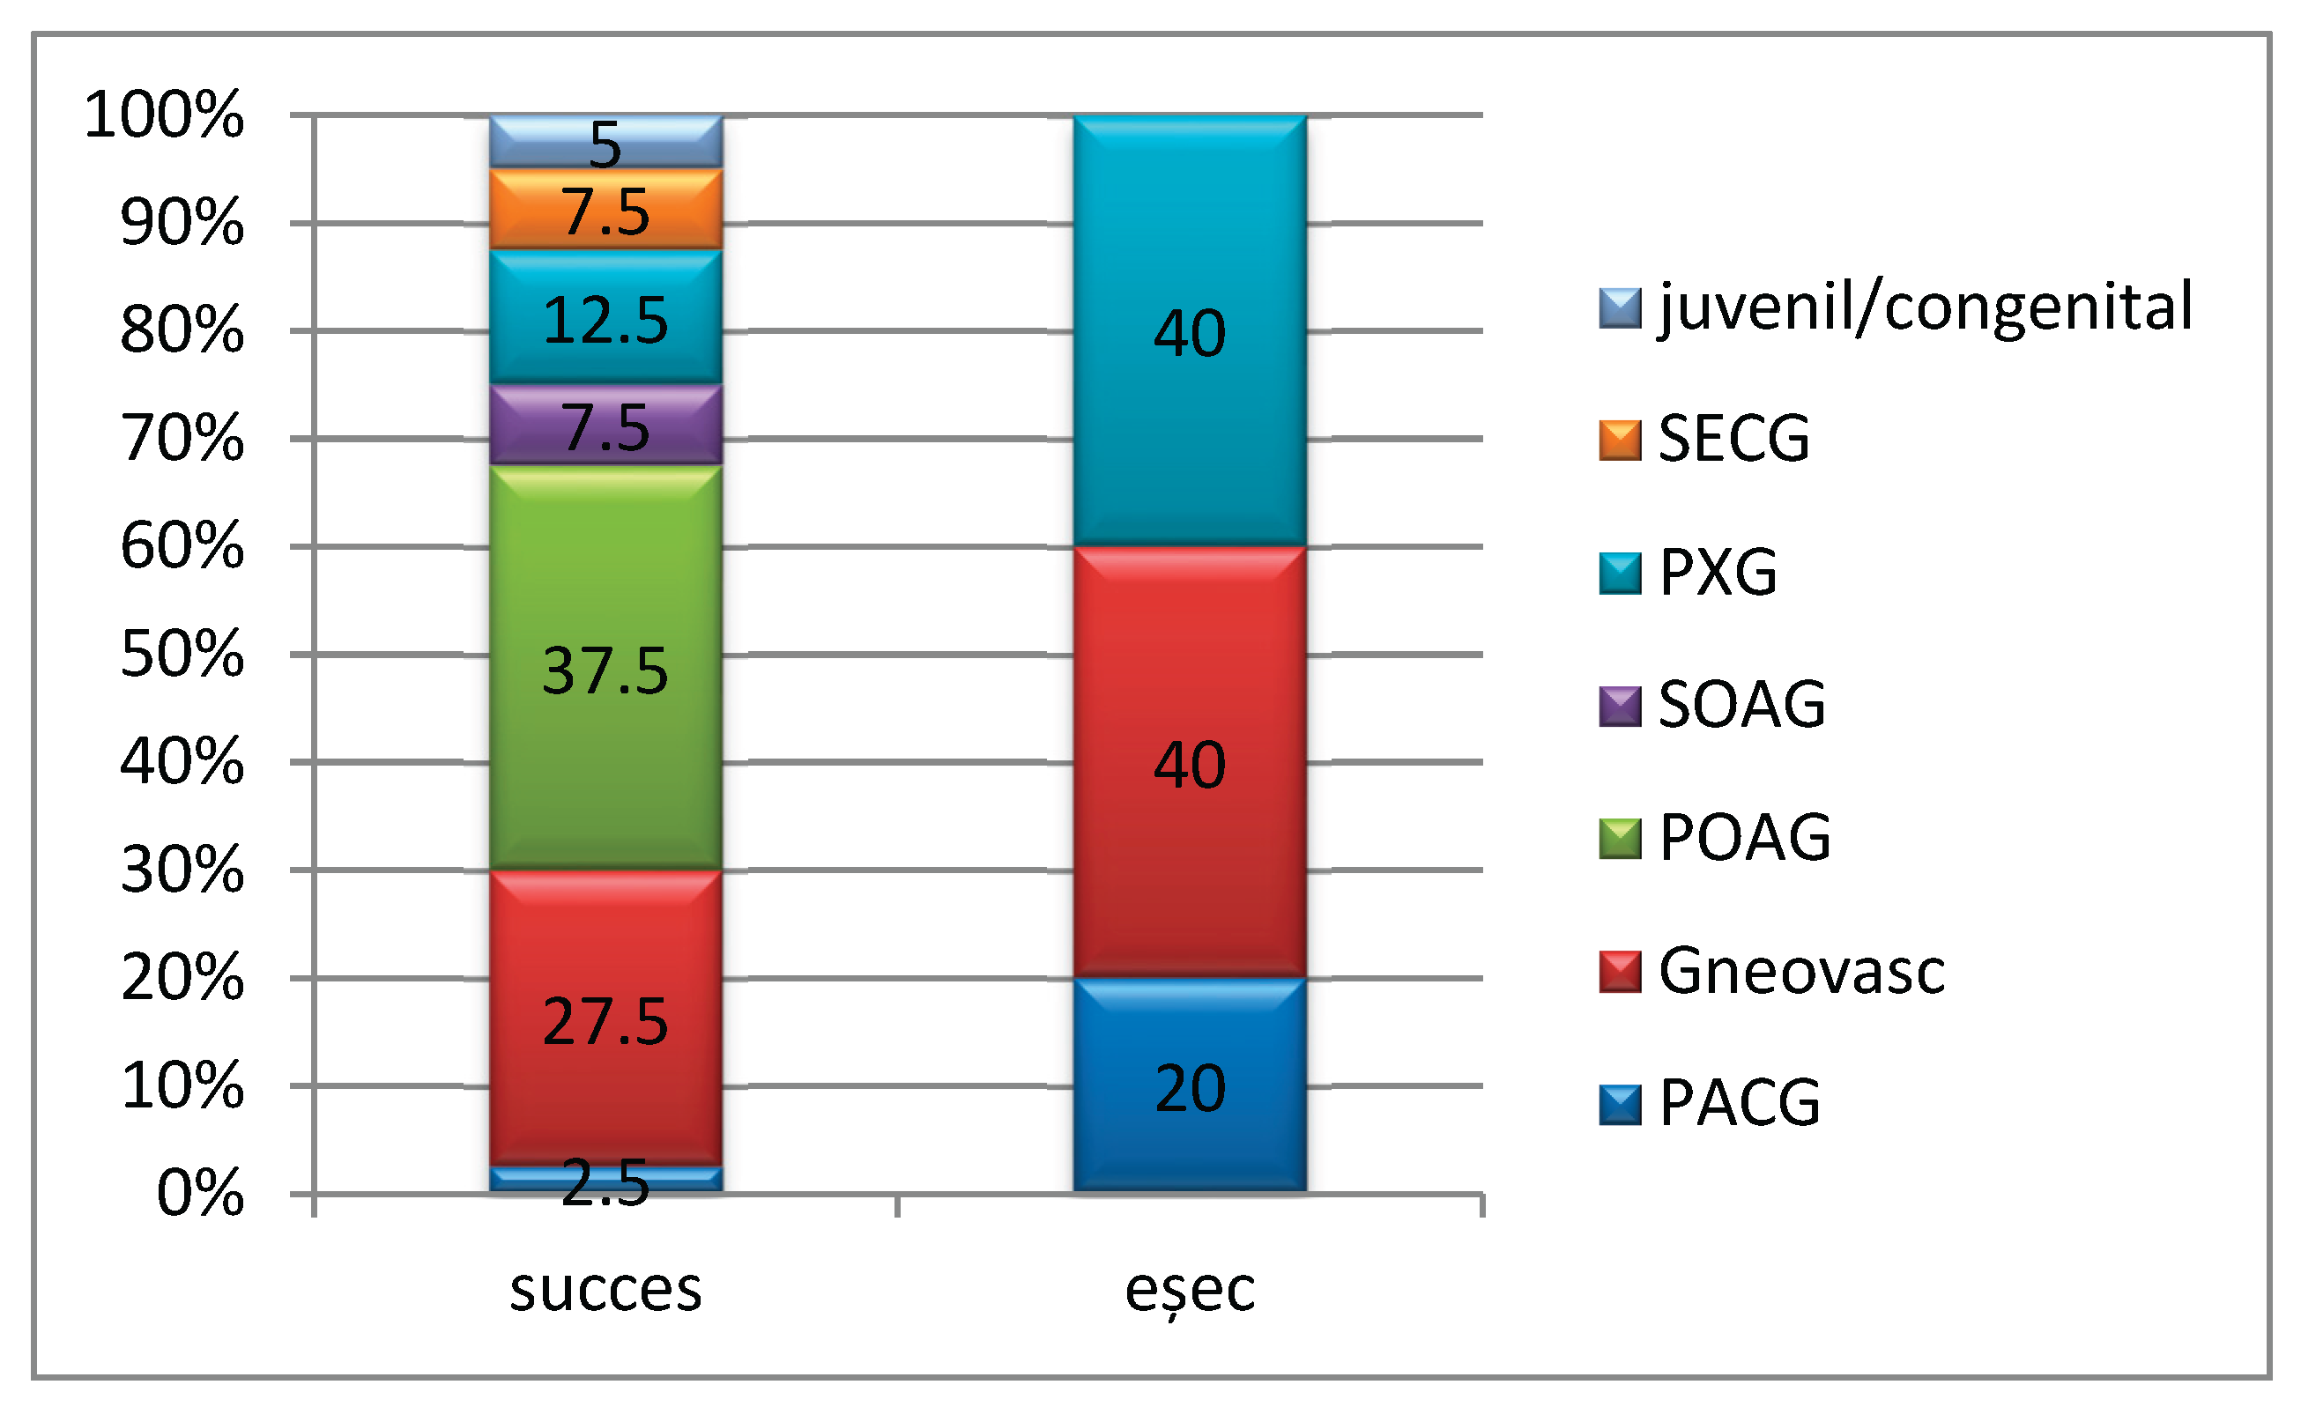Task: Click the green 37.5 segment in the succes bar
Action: click(605, 668)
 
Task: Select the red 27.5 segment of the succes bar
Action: click(605, 1018)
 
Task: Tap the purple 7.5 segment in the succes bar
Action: click(605, 425)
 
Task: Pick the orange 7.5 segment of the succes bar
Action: click(605, 209)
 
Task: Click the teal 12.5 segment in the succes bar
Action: click(605, 317)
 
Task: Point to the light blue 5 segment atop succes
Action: click(605, 142)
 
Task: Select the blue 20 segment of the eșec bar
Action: click(1189, 1085)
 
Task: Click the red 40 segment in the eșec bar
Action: click(1189, 763)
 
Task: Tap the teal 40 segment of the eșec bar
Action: click(1189, 331)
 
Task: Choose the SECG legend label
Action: click(1733, 439)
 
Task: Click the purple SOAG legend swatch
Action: click(1619, 706)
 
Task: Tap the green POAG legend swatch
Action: click(1619, 838)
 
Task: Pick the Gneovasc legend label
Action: click(1800, 971)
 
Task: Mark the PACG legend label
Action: click(1739, 1104)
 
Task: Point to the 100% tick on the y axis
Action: click(164, 115)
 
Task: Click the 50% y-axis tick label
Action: click(182, 655)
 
